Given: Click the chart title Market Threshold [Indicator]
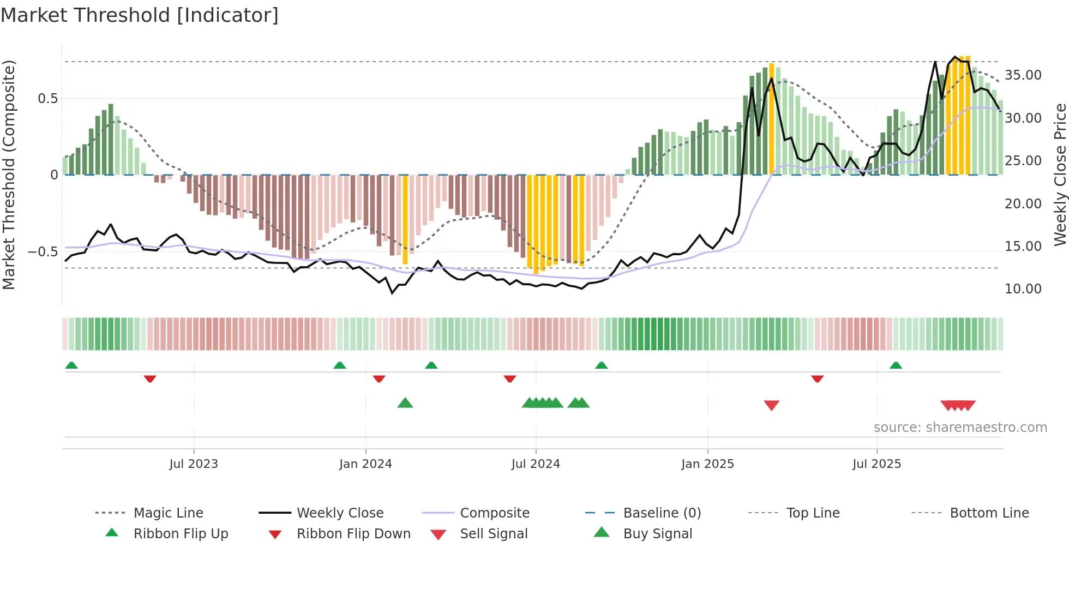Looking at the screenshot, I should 140,15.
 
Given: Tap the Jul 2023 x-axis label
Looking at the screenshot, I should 193,464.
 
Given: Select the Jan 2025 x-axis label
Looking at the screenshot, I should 707,464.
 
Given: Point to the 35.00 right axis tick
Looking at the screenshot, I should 1023,75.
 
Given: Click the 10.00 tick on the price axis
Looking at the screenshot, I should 1023,289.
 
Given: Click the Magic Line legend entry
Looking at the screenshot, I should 168,513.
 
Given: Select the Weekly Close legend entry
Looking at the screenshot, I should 340,513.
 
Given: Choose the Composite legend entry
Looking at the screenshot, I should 494,513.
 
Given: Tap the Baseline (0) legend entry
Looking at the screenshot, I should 662,513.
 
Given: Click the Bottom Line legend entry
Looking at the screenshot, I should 989,513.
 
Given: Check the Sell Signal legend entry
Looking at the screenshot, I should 494,534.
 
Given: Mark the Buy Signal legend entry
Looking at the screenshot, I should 657,534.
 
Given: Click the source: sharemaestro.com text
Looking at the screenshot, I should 960,428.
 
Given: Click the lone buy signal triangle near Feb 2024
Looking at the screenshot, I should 405,403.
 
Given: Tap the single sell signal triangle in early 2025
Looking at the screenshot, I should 771,405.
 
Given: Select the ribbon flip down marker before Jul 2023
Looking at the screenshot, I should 150,378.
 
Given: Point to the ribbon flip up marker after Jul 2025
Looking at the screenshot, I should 896,365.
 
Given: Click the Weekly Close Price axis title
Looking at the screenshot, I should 1060,175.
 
